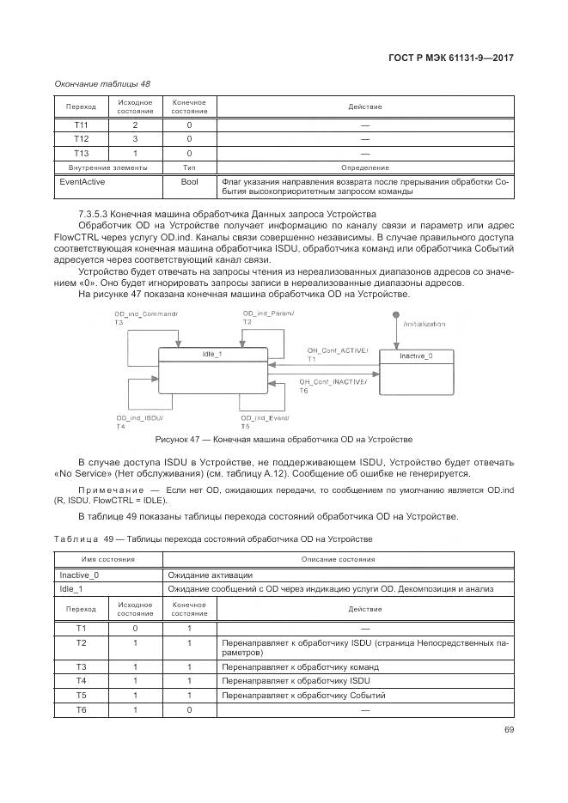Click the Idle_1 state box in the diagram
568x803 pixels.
(x=212, y=370)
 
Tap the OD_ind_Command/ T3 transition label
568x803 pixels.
(x=145, y=316)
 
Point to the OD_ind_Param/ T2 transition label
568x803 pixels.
(x=267, y=316)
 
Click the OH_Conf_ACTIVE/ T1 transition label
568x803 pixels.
(x=337, y=354)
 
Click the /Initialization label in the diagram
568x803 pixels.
(x=424, y=324)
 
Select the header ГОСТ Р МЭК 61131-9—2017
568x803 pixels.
(x=450, y=58)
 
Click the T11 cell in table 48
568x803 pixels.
(x=81, y=125)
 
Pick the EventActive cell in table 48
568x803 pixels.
(x=81, y=182)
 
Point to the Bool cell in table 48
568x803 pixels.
(x=189, y=182)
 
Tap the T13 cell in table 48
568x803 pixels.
(x=81, y=153)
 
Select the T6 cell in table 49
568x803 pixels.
(x=81, y=709)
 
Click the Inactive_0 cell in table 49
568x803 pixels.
(x=78, y=575)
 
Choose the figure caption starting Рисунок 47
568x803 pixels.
(x=284, y=439)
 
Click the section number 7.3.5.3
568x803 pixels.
(x=96, y=213)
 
